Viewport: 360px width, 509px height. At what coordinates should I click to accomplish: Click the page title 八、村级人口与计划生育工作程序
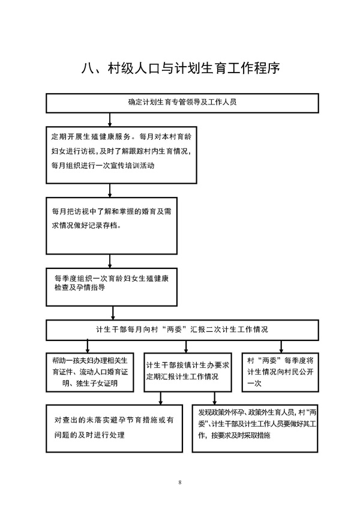coord(180,68)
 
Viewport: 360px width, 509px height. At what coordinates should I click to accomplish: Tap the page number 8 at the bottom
coord(180,483)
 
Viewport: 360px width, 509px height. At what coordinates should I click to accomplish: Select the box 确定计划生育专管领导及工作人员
coord(182,103)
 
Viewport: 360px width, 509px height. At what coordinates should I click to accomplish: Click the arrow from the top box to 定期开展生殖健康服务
coord(110,120)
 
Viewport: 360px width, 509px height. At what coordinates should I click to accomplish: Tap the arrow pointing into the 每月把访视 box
coord(110,190)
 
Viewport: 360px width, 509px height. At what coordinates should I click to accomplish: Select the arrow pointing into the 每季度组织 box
coord(110,261)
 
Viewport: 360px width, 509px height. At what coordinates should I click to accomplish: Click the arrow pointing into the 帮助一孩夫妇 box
coord(87,347)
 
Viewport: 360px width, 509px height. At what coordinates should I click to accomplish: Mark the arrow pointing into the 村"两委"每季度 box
coord(281,347)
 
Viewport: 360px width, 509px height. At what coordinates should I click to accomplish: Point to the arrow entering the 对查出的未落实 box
coord(160,399)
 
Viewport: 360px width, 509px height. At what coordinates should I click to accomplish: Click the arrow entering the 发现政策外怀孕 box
coord(214,399)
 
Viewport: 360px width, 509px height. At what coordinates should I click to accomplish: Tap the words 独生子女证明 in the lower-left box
coord(97,384)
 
